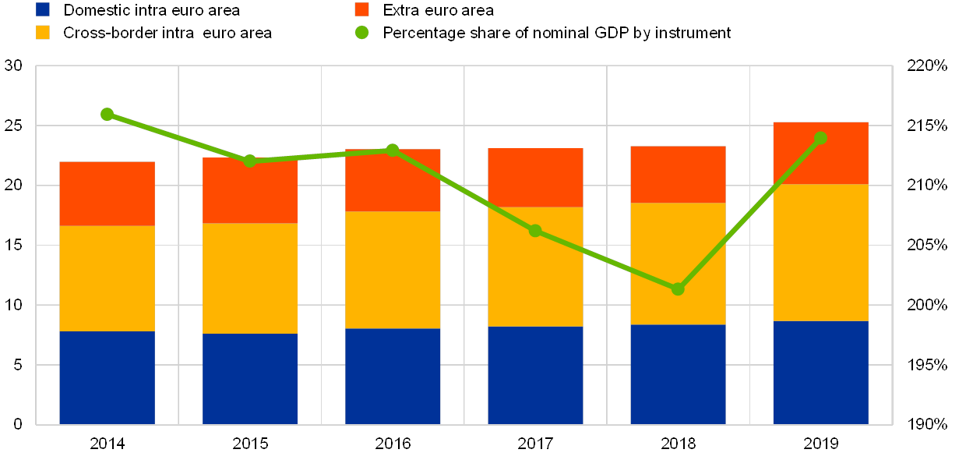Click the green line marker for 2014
107,114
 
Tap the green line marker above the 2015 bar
250,161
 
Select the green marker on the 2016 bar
393,150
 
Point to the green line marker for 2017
535,231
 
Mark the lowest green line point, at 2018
678,289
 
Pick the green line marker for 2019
820,138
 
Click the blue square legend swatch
43,9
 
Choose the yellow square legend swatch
43,33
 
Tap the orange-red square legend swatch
361,9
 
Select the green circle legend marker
361,33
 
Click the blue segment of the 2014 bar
107,377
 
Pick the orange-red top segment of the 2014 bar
107,193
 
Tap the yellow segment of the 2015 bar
250,278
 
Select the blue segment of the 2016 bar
393,376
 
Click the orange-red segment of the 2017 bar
535,178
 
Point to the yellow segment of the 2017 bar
535,267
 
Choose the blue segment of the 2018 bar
678,374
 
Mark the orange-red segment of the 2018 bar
678,175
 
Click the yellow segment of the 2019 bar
820,253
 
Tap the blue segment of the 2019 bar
820,373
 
